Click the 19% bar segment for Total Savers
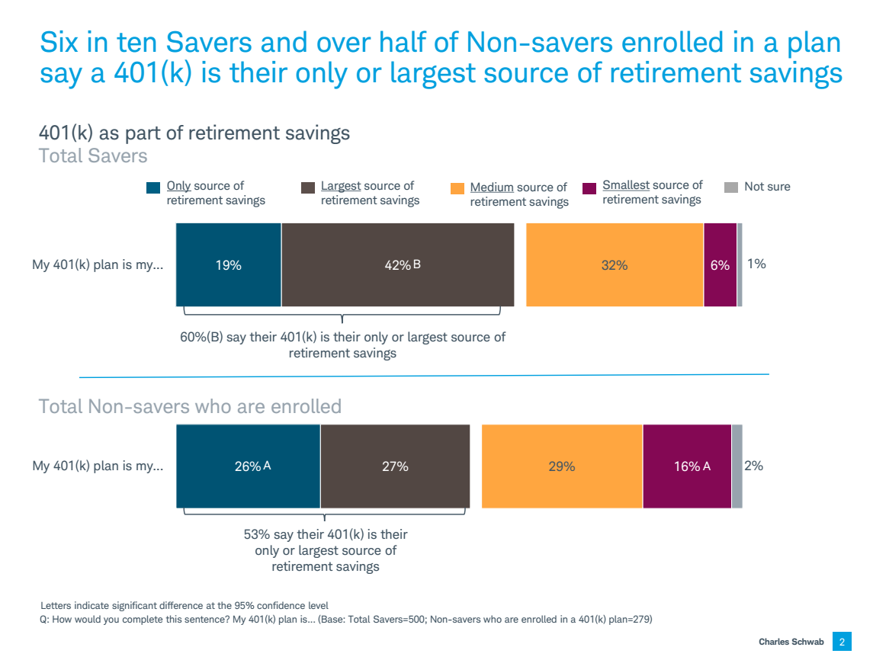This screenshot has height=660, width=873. click(x=228, y=264)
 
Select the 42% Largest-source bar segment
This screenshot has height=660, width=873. click(x=397, y=264)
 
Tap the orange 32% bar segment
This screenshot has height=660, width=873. click(x=615, y=264)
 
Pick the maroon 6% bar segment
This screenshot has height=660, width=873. click(x=720, y=264)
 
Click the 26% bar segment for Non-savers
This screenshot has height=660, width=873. click(x=248, y=466)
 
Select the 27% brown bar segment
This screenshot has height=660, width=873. click(x=395, y=466)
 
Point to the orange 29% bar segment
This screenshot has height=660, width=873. click(x=562, y=466)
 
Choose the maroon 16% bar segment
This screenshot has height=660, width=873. click(x=687, y=466)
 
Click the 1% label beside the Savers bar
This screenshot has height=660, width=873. click(x=756, y=264)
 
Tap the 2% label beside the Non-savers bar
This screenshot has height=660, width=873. click(x=753, y=465)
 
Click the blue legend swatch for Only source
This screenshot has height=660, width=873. click(x=153, y=187)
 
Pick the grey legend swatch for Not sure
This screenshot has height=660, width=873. click(x=730, y=187)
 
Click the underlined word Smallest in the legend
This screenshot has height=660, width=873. click(x=625, y=185)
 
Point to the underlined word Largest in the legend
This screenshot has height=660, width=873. click(x=341, y=186)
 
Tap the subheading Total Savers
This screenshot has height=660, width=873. click(x=93, y=156)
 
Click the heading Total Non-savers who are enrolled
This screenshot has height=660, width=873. click(x=190, y=406)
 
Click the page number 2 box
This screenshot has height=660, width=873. click(x=842, y=642)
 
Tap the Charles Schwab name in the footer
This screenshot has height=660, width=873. click(x=791, y=642)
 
